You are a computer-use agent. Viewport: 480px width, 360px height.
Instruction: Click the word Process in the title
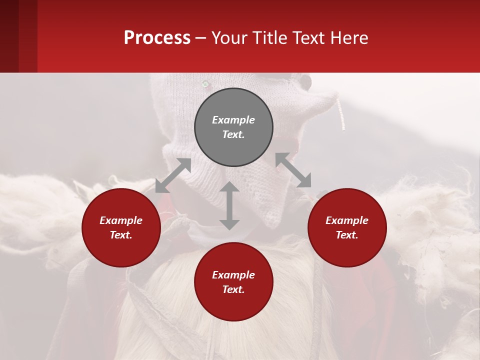[x=157, y=38]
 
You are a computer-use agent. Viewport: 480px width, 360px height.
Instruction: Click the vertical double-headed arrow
[x=229, y=205]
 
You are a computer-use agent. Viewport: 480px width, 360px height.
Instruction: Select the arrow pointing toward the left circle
[x=173, y=175]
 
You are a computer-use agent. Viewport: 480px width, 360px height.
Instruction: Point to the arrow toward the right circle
[x=293, y=170]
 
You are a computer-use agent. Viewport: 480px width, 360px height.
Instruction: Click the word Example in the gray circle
[x=233, y=120]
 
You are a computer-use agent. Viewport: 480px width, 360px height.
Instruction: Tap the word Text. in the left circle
[x=121, y=235]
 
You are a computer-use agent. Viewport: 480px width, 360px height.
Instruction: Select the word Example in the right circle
[x=347, y=220]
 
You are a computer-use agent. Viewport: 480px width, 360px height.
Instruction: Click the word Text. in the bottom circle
[x=233, y=289]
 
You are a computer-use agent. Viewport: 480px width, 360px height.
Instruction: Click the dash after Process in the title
[x=201, y=38]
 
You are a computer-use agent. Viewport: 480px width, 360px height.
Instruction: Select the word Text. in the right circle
[x=347, y=235]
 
